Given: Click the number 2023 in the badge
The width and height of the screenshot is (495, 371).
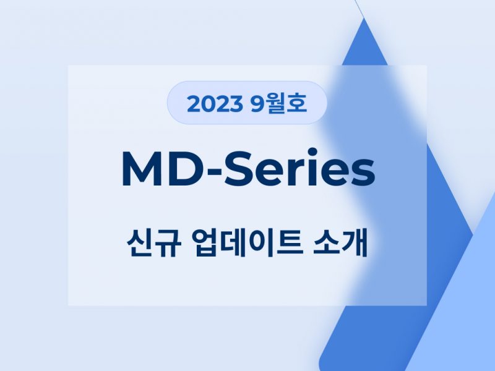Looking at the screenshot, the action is click(214, 104).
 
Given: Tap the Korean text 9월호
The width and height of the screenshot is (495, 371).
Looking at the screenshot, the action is click(279, 103).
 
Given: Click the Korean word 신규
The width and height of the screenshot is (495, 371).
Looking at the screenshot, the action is click(154, 243).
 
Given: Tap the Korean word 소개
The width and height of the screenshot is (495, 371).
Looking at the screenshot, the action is click(340, 243).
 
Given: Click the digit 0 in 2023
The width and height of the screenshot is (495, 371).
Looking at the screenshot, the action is click(208, 104).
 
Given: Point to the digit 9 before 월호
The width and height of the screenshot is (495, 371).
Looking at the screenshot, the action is click(257, 104).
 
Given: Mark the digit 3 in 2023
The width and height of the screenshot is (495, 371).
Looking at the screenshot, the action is click(236, 104).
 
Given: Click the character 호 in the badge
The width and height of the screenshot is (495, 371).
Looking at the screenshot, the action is click(298, 103).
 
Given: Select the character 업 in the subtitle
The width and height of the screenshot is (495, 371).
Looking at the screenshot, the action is click(205, 243).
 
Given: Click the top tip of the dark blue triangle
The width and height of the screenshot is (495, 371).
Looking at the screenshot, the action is click(364, 19).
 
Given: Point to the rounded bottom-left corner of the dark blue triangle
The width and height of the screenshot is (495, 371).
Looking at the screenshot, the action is click(322, 363).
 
